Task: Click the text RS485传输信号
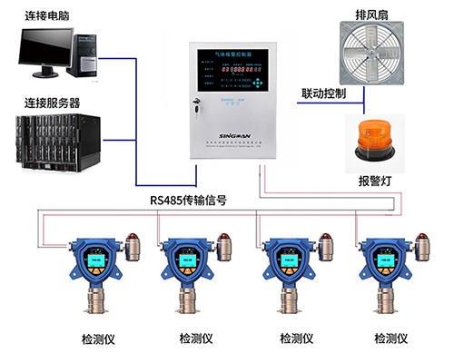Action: tap(194, 201)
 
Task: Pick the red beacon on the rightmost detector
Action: tap(422, 243)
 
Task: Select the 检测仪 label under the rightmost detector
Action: tap(392, 339)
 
